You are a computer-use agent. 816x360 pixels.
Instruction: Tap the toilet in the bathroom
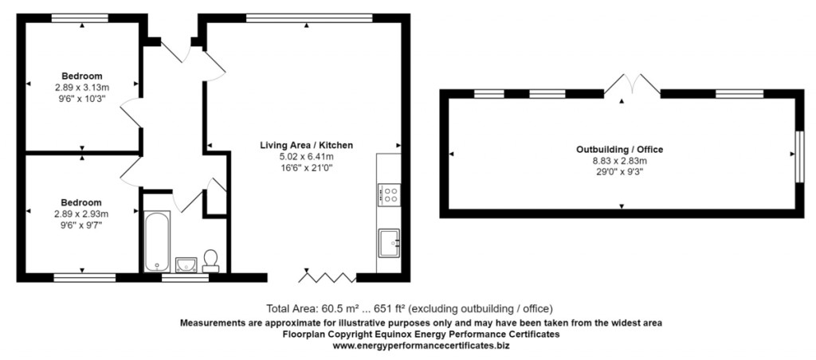pyautogui.click(x=211, y=260)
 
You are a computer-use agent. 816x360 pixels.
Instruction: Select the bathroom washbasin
pyautogui.click(x=186, y=262)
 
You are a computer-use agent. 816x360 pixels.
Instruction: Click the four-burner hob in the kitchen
pyautogui.click(x=389, y=195)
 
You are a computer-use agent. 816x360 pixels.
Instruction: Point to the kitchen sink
pyautogui.click(x=389, y=242)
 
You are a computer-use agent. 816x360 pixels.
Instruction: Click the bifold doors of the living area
pyautogui.click(x=328, y=276)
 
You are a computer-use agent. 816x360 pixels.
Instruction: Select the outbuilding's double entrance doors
pyautogui.click(x=632, y=86)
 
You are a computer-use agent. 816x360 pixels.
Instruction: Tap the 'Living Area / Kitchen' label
pyautogui.click(x=306, y=146)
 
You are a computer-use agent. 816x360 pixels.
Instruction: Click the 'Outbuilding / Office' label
pyautogui.click(x=619, y=149)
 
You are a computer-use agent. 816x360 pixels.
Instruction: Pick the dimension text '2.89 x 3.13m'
pyautogui.click(x=82, y=87)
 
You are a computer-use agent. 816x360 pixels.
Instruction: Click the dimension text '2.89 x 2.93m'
pyautogui.click(x=81, y=213)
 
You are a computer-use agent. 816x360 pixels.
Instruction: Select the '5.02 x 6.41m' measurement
pyautogui.click(x=306, y=157)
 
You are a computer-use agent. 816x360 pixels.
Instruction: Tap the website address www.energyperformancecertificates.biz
pyautogui.click(x=421, y=346)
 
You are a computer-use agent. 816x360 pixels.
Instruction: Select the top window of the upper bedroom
pyautogui.click(x=80, y=17)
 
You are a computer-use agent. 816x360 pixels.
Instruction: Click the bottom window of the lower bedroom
pyautogui.click(x=84, y=277)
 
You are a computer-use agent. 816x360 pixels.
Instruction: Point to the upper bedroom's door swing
pyautogui.click(x=129, y=113)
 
